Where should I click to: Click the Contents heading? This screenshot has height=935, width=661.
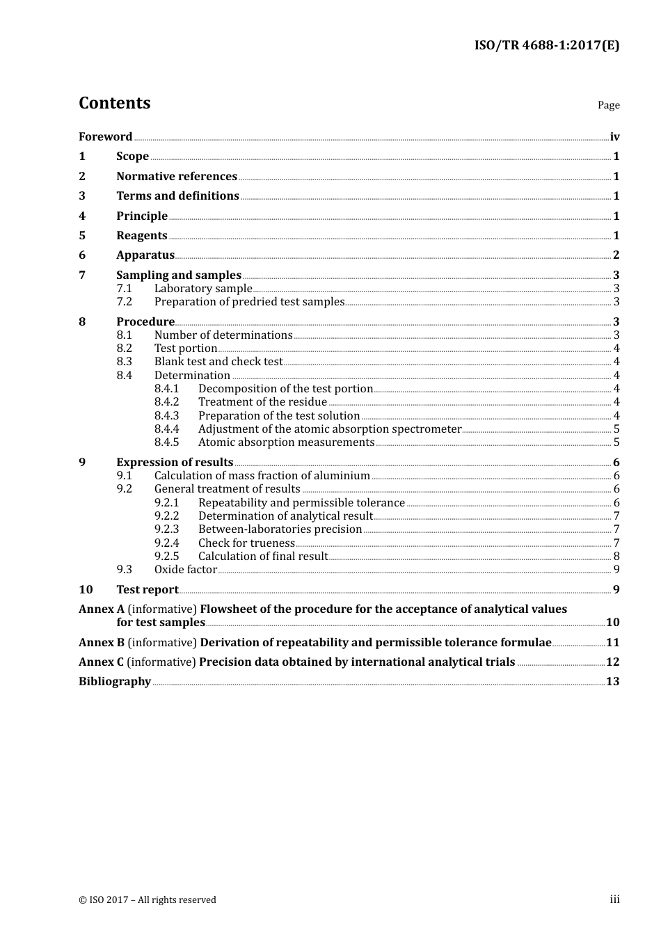coord(114,103)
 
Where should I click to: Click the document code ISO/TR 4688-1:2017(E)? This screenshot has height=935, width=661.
coord(546,46)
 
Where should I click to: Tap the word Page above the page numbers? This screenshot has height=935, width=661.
coord(608,105)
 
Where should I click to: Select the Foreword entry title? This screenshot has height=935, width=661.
coord(105,137)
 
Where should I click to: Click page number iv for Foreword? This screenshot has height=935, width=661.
coord(614,137)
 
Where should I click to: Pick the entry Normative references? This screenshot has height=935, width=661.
coord(177,177)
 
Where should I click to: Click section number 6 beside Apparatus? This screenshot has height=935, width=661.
coord(82,255)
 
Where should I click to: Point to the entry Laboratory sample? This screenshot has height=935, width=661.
coord(203,289)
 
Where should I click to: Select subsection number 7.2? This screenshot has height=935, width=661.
coord(124,302)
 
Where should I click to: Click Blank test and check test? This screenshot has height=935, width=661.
coord(218,362)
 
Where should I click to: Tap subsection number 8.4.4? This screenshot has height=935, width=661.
coord(166,429)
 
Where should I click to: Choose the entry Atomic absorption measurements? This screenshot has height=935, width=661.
coord(286,442)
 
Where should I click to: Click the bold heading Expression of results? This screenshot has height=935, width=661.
coord(175,463)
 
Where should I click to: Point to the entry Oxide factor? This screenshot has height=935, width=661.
coord(186,570)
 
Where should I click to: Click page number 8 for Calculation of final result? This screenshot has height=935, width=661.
coord(616,557)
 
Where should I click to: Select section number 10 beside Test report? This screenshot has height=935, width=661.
coord(86,590)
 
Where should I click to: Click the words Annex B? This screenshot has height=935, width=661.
coord(102,643)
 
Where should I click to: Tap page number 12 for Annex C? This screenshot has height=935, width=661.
coord(612,662)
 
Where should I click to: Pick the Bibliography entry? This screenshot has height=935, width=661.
coord(115,682)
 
